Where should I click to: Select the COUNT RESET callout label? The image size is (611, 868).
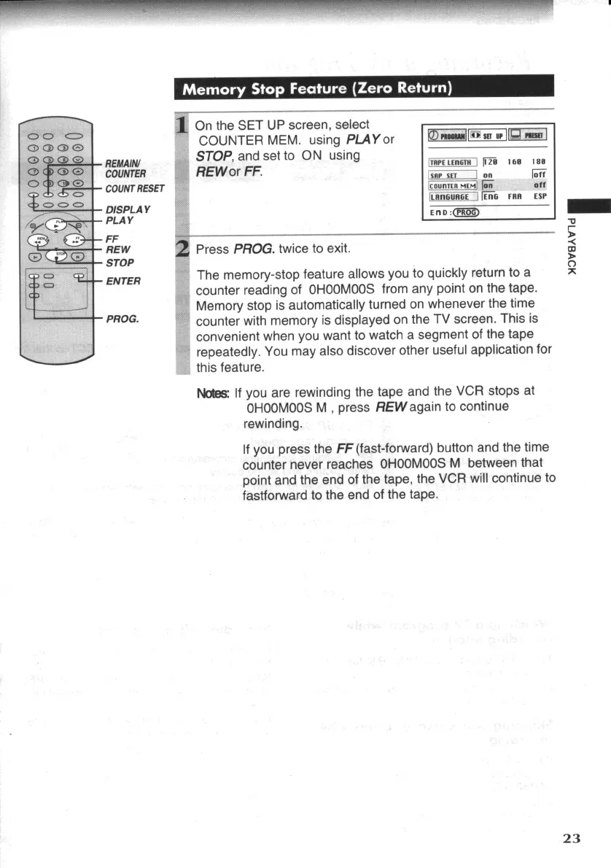click(x=135, y=189)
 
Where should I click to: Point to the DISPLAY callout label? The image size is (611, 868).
click(x=128, y=209)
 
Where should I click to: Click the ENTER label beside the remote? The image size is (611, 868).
click(x=123, y=281)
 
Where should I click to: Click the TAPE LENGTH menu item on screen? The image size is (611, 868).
click(x=451, y=162)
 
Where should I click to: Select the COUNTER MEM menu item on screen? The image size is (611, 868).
click(x=451, y=185)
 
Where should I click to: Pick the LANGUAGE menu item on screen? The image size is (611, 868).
click(x=451, y=197)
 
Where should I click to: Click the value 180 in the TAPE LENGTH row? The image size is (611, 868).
click(x=540, y=162)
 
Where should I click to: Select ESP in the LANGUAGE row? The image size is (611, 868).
click(x=540, y=197)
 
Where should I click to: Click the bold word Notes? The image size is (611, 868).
click(x=212, y=391)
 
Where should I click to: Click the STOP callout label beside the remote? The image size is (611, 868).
click(x=120, y=262)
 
